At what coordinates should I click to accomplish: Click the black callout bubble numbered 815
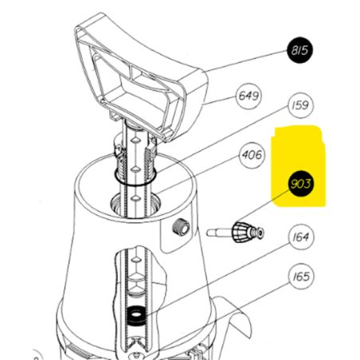tap(299, 50)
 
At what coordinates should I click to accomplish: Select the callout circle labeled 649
tap(248, 96)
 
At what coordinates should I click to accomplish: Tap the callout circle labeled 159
tap(300, 105)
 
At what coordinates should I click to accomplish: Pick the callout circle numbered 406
tap(252, 155)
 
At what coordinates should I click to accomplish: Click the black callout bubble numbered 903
tap(300, 184)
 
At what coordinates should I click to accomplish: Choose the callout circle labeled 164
tap(301, 237)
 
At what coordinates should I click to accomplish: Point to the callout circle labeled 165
tap(301, 277)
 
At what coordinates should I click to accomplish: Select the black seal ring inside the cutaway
tap(137, 315)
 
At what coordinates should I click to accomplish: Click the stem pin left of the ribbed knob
tap(219, 233)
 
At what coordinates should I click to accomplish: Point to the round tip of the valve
tap(260, 233)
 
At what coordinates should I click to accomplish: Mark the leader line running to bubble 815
tap(245, 61)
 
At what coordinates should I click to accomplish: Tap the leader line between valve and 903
tap(264, 205)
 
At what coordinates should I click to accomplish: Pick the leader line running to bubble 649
tap(220, 100)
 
